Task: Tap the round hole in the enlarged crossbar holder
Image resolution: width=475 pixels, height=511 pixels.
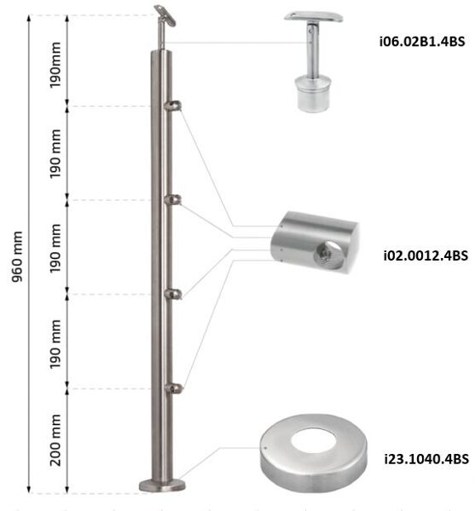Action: point(325,250)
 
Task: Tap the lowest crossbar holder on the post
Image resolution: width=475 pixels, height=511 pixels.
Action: point(173,388)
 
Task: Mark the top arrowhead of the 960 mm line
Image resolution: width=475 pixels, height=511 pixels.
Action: point(31,17)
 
